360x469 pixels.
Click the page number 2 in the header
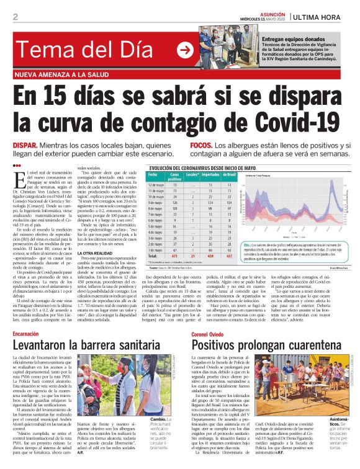pyautogui.click(x=15, y=17)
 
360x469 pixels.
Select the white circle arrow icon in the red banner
pyautogui.click(x=185, y=49)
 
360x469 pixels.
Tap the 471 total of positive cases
pyautogui.click(x=175, y=255)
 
